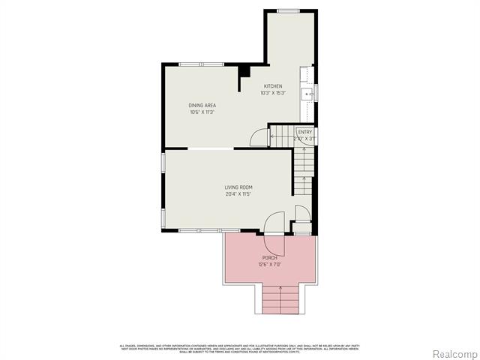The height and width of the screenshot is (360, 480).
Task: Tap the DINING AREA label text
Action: pos(202,106)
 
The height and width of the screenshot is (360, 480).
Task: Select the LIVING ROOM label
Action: pos(238,187)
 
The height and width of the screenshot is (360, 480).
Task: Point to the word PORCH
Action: pos(270,258)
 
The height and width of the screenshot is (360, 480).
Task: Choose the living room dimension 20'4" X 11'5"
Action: pos(238,193)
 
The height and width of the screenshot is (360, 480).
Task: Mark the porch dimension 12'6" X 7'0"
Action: pos(270,265)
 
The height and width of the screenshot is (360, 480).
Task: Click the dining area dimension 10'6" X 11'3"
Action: pos(202,112)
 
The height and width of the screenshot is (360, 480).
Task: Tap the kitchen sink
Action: pos(307,94)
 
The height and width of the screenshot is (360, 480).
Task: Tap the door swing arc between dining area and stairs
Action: pos(257,136)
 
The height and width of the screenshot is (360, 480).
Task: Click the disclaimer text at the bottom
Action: pos(240,347)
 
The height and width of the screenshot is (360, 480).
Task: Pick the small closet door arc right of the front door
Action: pos(301,212)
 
